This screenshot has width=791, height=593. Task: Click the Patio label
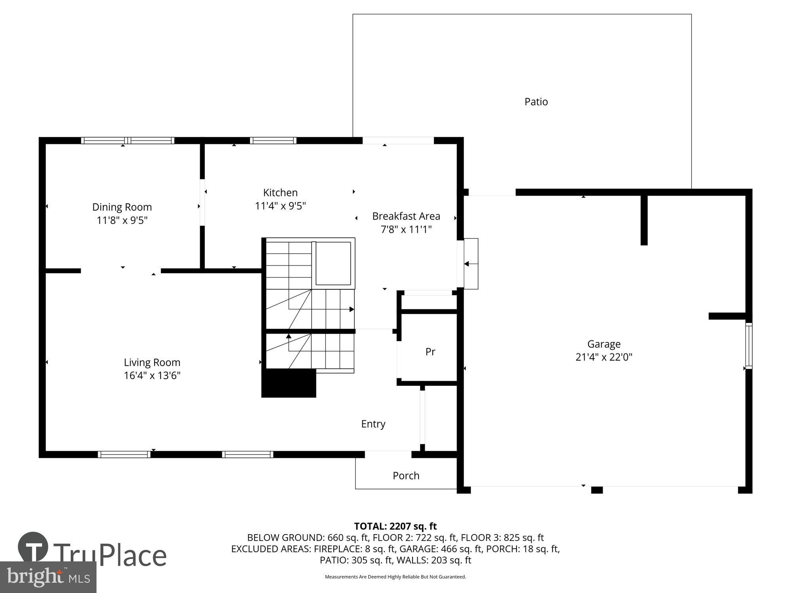coord(536,102)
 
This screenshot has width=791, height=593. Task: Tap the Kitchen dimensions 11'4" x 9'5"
coord(280,206)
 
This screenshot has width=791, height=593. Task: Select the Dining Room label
coord(122,207)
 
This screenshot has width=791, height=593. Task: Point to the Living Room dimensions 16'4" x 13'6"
coord(152,375)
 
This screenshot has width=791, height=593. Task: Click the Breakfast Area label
coord(406,216)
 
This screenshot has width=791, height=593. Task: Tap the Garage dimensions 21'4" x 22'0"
coord(604,357)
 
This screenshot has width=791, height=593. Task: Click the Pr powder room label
coord(430,351)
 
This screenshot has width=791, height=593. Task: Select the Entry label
coord(373,424)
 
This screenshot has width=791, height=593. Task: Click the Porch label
coord(406,476)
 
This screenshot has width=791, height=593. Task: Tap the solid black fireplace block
coord(289,383)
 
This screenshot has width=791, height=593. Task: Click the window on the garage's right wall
coord(748,346)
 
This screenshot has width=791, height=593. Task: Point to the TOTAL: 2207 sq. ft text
coord(395,526)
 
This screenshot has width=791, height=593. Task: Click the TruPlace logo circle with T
coord(33,548)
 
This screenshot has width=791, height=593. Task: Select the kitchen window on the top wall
coord(273,140)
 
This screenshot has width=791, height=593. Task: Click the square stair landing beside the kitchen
coord(333,263)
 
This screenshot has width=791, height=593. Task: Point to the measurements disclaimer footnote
coord(395,577)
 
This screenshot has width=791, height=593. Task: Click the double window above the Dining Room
coord(127,140)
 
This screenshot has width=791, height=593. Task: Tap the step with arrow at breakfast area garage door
coord(471,264)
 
